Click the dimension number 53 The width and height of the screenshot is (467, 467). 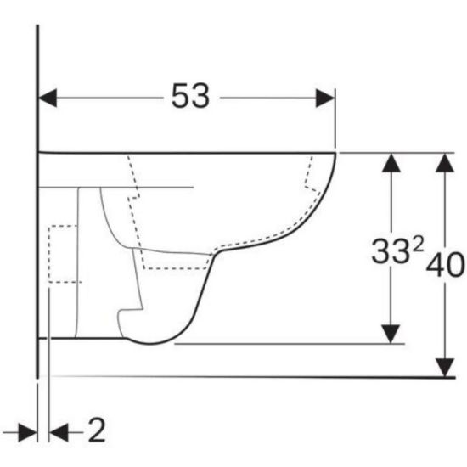pos(190,96)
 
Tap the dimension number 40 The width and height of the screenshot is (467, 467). pos(446,265)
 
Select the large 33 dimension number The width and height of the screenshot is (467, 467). pos(391,251)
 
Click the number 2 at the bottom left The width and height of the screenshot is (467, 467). pos(97,430)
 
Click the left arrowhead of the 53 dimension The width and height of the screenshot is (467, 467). pos(48,98)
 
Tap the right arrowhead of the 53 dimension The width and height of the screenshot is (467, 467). pos(325,98)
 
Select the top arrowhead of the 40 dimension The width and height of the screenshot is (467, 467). pos(445,163)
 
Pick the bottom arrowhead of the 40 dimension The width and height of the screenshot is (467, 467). pos(445,368)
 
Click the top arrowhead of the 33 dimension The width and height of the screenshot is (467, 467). pos(391,163)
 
